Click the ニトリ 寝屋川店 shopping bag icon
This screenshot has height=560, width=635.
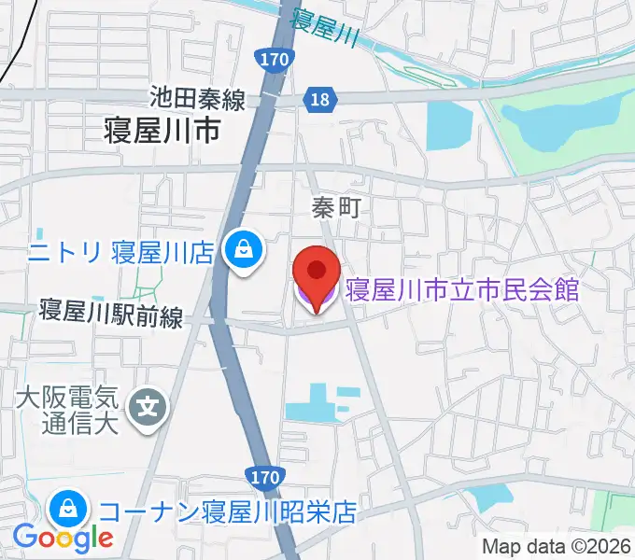click(244, 250)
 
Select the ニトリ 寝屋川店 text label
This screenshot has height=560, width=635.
click(122, 251)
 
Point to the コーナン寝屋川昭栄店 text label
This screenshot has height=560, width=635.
click(228, 511)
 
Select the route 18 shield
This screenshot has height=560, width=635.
click(320, 99)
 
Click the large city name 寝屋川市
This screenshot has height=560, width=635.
click(162, 131)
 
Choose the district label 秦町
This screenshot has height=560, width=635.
click(335, 209)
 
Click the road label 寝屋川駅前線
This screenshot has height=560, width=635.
click(110, 314)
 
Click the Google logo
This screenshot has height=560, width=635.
click(63, 538)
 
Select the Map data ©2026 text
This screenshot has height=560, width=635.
click(557, 547)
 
